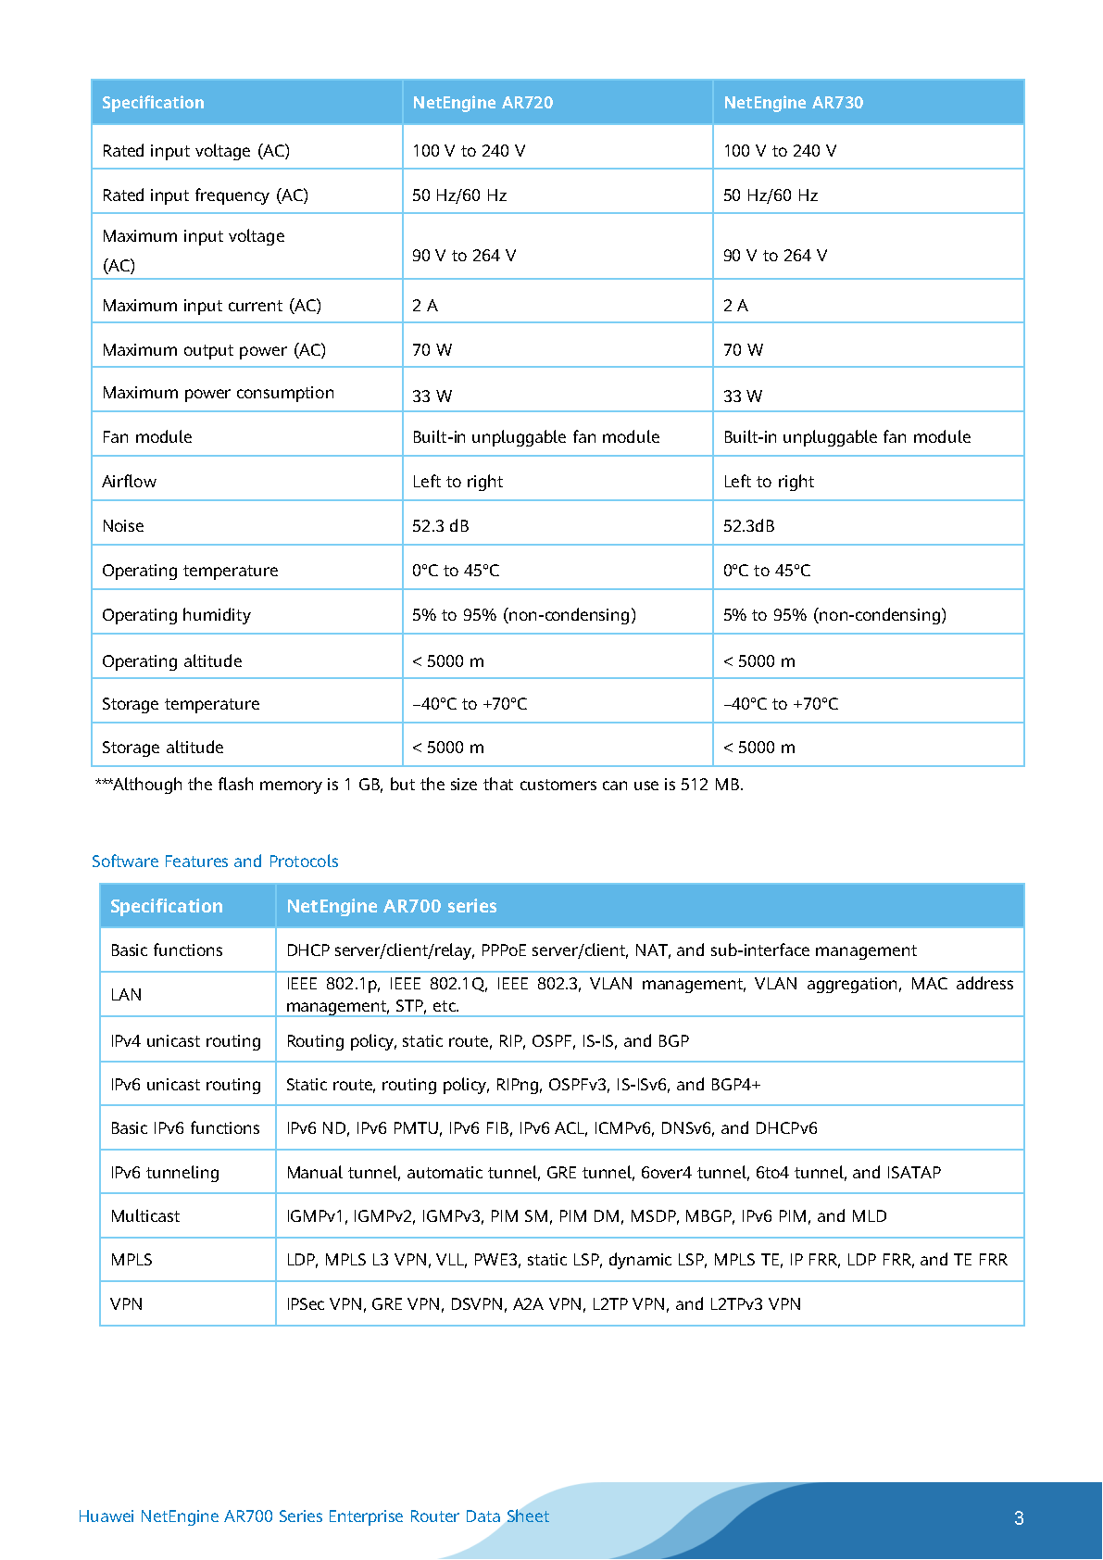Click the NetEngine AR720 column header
pyautogui.click(x=483, y=103)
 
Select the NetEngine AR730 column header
pyautogui.click(x=793, y=103)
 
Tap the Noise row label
pyautogui.click(x=123, y=526)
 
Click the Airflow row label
pyautogui.click(x=129, y=482)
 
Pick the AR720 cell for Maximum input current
pyautogui.click(x=425, y=306)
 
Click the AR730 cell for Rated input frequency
pyautogui.click(x=771, y=195)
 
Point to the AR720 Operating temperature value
pyautogui.click(x=456, y=571)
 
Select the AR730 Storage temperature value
pyautogui.click(x=781, y=704)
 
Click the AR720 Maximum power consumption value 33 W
pyautogui.click(x=432, y=396)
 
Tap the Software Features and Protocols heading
pyautogui.click(x=215, y=862)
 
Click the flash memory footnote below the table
pyautogui.click(x=419, y=785)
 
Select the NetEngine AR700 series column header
pyautogui.click(x=392, y=906)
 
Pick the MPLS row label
pyautogui.click(x=132, y=1260)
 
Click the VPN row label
pyautogui.click(x=127, y=1304)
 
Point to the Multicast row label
pyautogui.click(x=145, y=1216)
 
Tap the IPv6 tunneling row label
pyautogui.click(x=165, y=1173)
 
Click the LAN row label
pyautogui.click(x=126, y=995)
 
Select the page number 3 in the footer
pyautogui.click(x=1019, y=1517)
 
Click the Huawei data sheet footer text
pyautogui.click(x=314, y=1516)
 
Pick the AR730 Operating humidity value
pyautogui.click(x=834, y=615)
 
